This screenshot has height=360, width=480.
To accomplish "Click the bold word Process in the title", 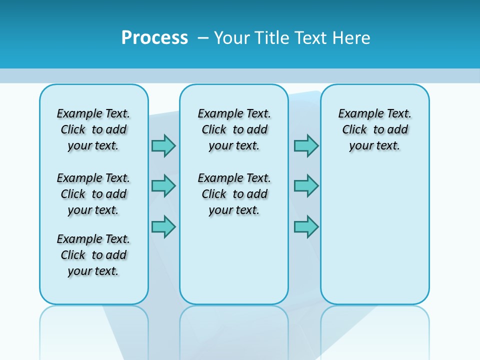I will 154,38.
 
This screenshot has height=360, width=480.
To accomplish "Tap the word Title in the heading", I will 272,38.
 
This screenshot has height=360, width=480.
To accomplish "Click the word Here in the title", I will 352,38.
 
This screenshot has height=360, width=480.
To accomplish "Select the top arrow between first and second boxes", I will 163,145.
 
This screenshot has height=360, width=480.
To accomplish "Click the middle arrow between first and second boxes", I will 163,186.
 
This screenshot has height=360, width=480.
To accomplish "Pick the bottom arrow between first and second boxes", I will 163,226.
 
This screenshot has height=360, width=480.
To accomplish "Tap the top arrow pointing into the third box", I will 306,145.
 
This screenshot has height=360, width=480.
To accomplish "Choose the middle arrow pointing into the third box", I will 306,186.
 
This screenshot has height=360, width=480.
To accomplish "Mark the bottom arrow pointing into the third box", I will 306,226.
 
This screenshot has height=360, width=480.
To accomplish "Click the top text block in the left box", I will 93,129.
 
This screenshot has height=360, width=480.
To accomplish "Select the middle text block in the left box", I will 93,194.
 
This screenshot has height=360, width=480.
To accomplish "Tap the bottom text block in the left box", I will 93,255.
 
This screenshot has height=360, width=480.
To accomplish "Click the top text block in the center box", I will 234,129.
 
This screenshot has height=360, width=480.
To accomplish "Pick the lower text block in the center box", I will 234,194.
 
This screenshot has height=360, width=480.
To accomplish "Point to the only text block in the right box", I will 374,129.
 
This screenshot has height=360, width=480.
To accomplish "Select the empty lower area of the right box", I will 374,230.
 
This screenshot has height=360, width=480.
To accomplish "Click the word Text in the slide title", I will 312,38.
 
